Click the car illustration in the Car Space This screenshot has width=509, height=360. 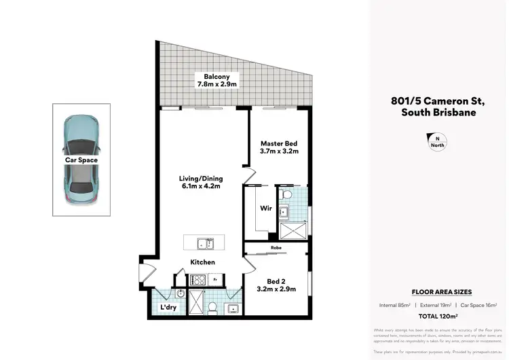[81, 160]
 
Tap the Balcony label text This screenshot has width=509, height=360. [216, 80]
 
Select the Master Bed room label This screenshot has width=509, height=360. [278, 147]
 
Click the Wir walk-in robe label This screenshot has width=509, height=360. [266, 209]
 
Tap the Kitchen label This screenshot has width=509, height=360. [202, 262]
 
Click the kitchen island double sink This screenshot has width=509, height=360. [204, 243]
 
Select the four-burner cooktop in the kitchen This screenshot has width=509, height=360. [198, 278]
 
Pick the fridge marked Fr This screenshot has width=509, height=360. [214, 278]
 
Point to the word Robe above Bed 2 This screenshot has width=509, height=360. [276, 249]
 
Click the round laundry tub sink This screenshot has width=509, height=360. [180, 294]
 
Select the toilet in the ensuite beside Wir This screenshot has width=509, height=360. [286, 196]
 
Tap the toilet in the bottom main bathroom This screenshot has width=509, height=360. [212, 308]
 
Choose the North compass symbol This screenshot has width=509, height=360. [437, 141]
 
